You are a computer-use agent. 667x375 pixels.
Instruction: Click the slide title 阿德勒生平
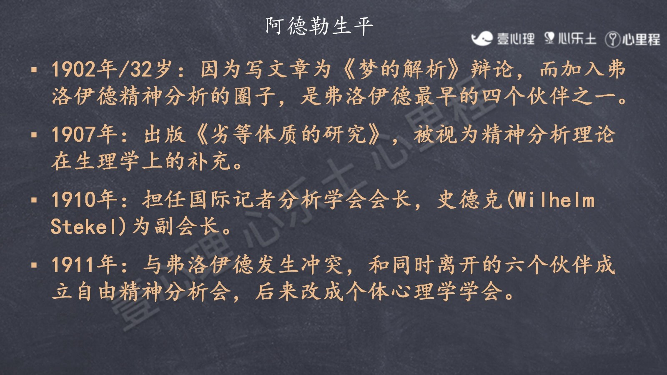(x=319, y=26)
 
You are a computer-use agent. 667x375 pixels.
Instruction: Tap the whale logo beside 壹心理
(x=482, y=39)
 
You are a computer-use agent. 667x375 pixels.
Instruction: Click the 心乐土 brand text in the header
(x=577, y=39)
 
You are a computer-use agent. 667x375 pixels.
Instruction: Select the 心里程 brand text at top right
(x=641, y=39)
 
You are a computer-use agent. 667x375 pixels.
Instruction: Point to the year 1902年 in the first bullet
(x=85, y=69)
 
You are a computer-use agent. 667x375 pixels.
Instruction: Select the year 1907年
(x=85, y=135)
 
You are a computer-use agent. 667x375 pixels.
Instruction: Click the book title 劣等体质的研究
(x=288, y=135)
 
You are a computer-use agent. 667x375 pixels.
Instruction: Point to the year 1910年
(x=85, y=200)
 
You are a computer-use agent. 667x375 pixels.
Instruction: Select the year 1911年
(x=85, y=265)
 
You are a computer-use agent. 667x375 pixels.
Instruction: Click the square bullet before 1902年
(x=34, y=70)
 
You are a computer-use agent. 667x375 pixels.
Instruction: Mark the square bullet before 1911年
(x=34, y=265)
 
